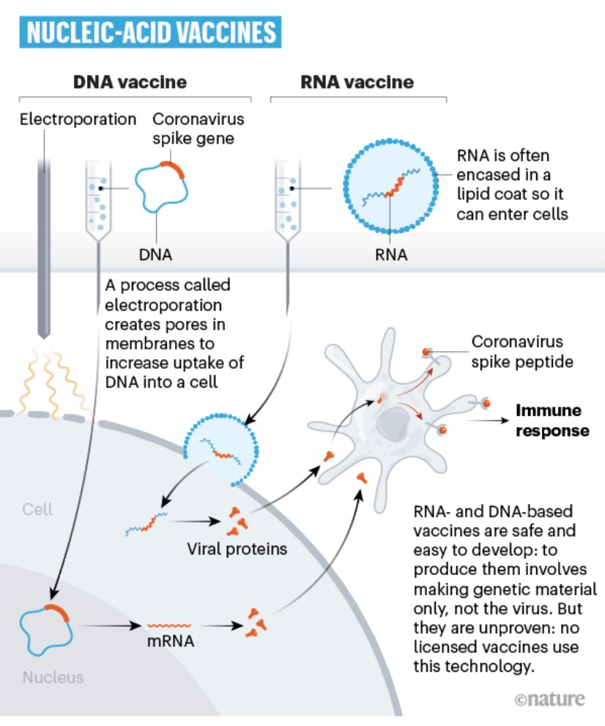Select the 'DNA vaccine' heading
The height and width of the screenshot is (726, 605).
click(130, 82)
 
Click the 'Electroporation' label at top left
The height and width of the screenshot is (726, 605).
click(78, 119)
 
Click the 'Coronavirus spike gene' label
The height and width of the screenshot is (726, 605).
click(198, 127)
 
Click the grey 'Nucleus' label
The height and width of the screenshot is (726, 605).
click(53, 677)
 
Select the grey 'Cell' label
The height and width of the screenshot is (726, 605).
click(37, 509)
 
